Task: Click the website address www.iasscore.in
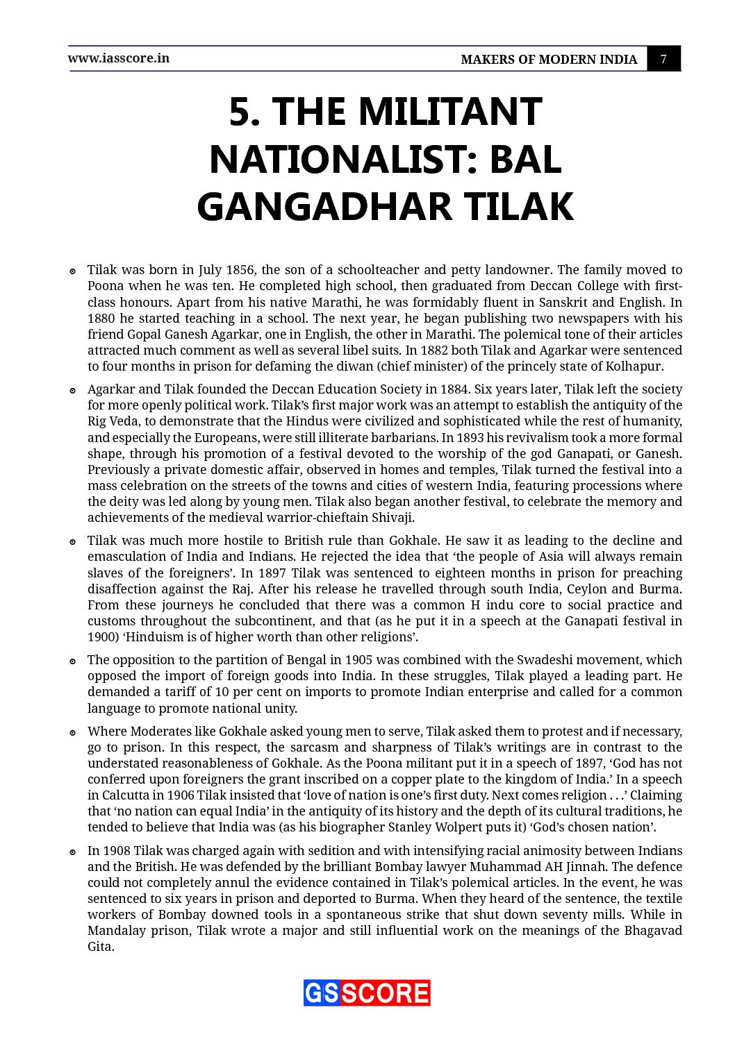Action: (x=118, y=58)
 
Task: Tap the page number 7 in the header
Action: (x=663, y=59)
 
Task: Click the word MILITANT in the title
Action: (x=449, y=112)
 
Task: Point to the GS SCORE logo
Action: (x=367, y=992)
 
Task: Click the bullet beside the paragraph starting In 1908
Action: (x=72, y=852)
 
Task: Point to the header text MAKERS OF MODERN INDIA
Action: (x=549, y=60)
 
